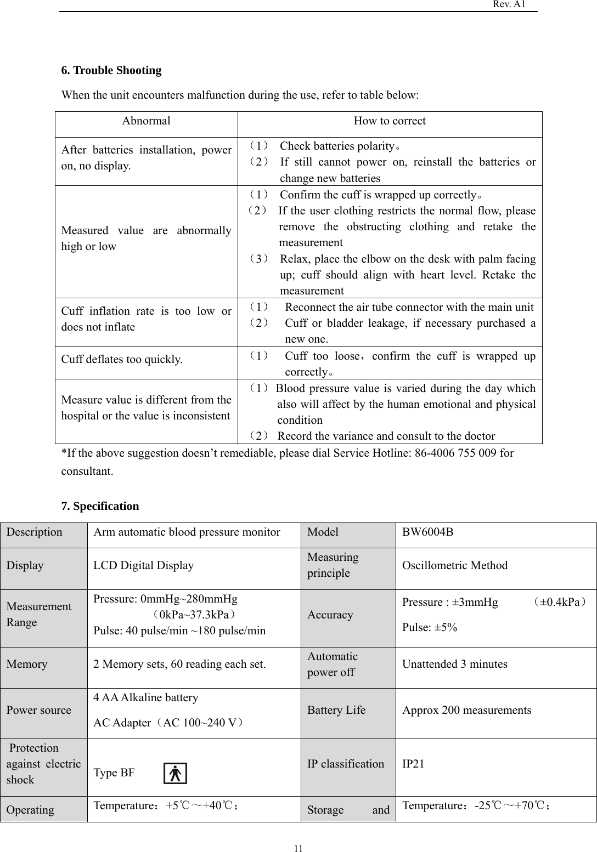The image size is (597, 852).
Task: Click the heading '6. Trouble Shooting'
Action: click(111, 70)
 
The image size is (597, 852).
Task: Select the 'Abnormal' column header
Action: click(146, 121)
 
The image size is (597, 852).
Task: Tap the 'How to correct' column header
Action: click(390, 121)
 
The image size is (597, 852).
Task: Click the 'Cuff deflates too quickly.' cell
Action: click(122, 360)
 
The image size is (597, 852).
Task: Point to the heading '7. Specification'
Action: click(100, 506)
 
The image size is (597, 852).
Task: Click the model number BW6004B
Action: click(428, 532)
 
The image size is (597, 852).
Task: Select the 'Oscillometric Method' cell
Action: click(455, 565)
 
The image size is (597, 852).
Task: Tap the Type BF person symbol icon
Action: click(176, 773)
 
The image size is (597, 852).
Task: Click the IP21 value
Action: click(413, 764)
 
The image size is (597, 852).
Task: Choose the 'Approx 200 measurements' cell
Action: click(466, 710)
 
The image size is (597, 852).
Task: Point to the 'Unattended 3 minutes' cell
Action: click(455, 664)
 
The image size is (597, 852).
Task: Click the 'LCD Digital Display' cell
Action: click(144, 565)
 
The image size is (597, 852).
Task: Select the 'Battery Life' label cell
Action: click(336, 710)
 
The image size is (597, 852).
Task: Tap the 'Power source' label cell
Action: click(39, 710)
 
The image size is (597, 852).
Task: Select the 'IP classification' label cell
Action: click(346, 764)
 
